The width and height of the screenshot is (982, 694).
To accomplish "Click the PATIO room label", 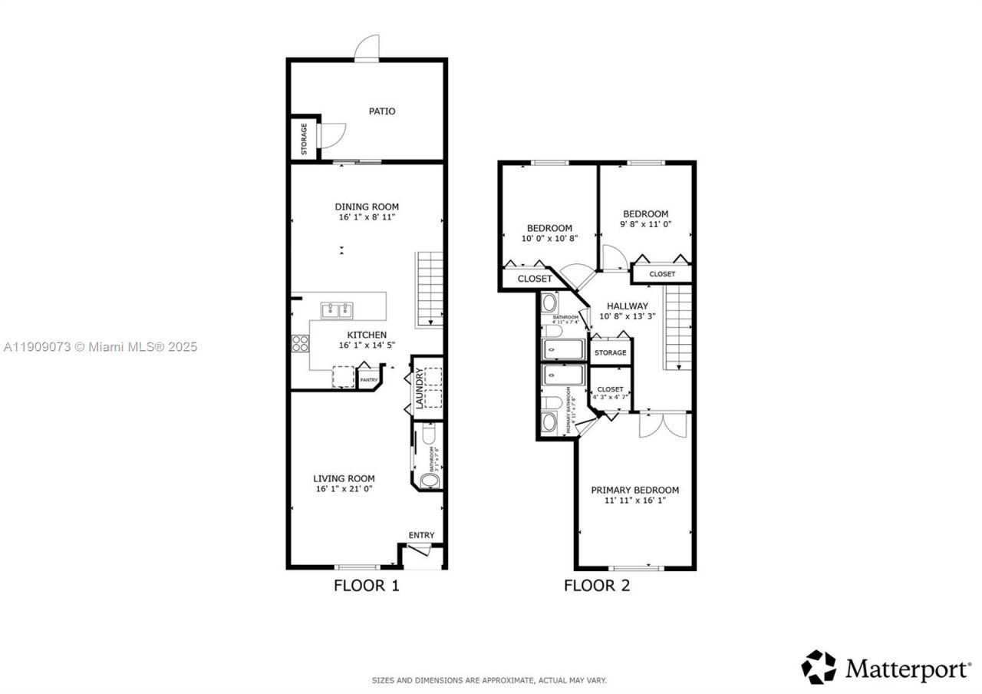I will click(x=382, y=111).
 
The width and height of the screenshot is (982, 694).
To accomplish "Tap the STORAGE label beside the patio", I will click(x=305, y=139).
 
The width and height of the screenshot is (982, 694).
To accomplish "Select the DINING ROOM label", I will click(x=367, y=207).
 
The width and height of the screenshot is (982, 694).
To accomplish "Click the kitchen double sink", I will click(x=337, y=310).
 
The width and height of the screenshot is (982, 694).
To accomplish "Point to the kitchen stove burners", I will click(x=299, y=343).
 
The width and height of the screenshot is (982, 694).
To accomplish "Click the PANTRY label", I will click(x=369, y=379).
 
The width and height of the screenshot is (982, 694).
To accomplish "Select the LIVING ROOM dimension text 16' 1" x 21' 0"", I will click(x=344, y=489).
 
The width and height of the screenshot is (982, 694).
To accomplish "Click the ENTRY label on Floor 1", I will click(x=421, y=535).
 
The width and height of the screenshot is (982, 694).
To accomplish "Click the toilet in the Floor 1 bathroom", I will click(x=430, y=481).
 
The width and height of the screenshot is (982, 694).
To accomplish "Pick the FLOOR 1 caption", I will click(x=367, y=586).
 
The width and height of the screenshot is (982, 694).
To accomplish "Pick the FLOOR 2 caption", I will click(x=597, y=586).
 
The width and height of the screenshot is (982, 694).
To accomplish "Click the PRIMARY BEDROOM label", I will click(x=634, y=490).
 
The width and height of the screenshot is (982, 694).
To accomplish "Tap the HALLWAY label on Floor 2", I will click(x=627, y=306).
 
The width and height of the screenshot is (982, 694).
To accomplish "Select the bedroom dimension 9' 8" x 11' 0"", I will click(x=645, y=224).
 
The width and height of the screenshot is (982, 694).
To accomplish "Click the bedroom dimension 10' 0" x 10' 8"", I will click(x=549, y=238).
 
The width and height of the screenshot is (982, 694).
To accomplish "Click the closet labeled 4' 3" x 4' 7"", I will click(x=611, y=393).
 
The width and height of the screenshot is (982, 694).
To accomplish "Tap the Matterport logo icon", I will click(x=819, y=667).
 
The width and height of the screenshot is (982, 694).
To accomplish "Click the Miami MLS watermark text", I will click(x=100, y=347).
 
